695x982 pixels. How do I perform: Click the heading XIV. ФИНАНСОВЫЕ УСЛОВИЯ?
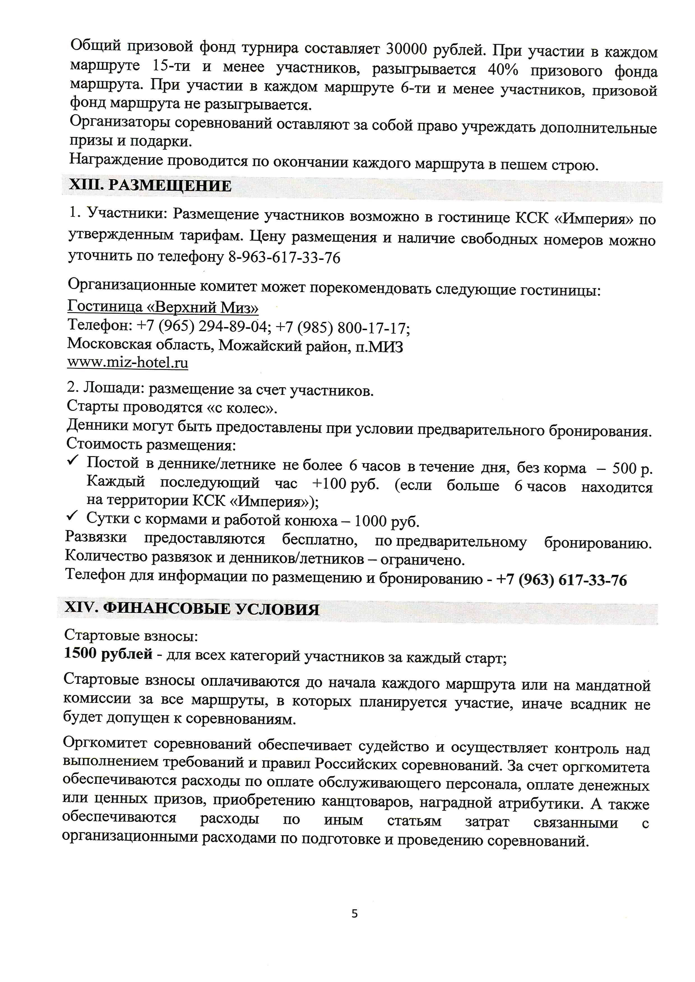tap(192, 609)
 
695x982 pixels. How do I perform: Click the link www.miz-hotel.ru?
tap(128, 363)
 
